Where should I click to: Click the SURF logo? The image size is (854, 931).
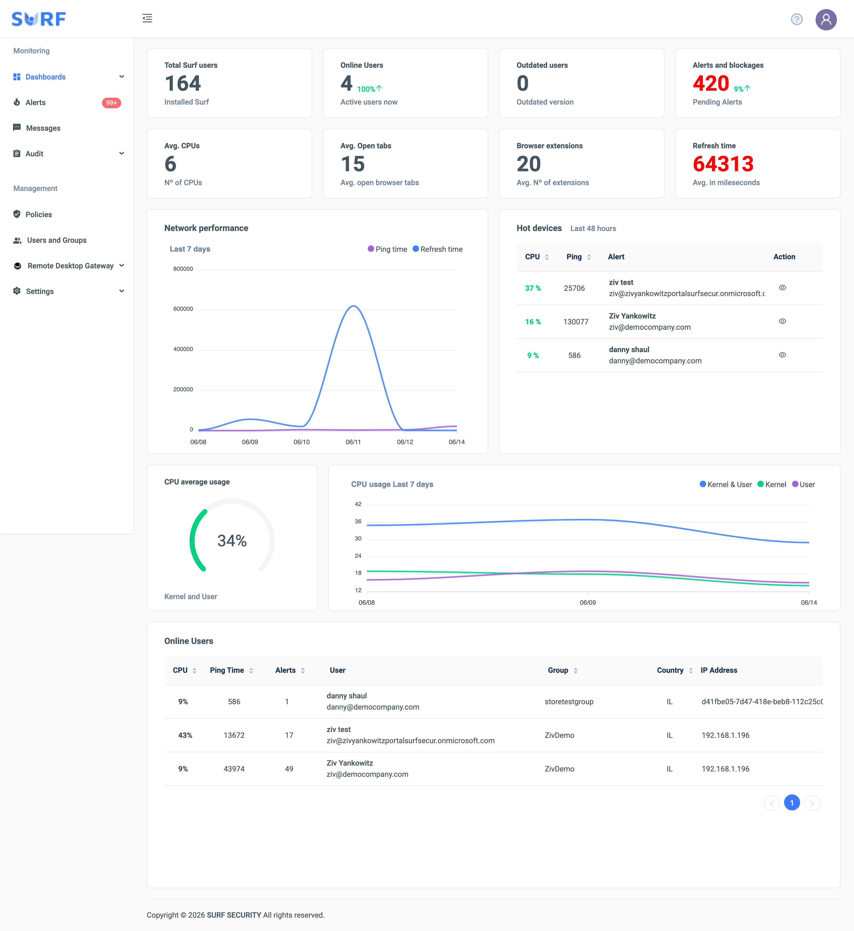click(x=39, y=19)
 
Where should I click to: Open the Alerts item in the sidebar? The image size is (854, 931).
click(x=35, y=102)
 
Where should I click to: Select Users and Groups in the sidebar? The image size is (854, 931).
click(x=56, y=240)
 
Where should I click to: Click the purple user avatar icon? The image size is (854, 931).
click(x=826, y=19)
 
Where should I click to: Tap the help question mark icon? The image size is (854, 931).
click(x=797, y=19)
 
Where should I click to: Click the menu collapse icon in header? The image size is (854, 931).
click(x=147, y=18)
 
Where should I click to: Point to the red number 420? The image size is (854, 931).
click(x=711, y=83)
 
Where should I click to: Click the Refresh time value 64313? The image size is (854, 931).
click(x=723, y=164)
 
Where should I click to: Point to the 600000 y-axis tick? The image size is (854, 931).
click(x=183, y=309)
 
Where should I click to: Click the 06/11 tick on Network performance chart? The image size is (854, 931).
click(x=353, y=442)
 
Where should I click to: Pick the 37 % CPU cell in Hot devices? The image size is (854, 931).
click(x=533, y=288)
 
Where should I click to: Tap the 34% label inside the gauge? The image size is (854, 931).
click(x=232, y=541)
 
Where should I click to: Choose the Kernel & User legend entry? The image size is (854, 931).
click(x=726, y=484)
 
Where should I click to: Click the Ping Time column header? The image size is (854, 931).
click(x=227, y=670)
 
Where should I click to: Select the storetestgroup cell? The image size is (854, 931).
click(x=569, y=702)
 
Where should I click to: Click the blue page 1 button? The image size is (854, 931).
click(x=792, y=803)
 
